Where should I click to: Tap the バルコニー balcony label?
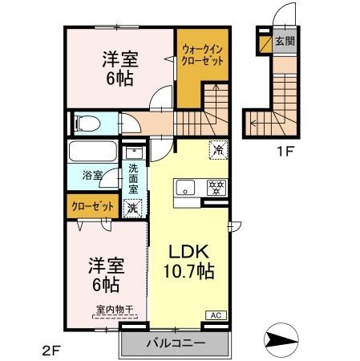(176, 343)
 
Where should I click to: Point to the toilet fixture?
(86, 123)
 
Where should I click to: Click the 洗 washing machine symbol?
(133, 207)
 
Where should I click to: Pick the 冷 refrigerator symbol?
(218, 148)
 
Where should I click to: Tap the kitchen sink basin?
(184, 189)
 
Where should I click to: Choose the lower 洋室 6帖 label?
(106, 275)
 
